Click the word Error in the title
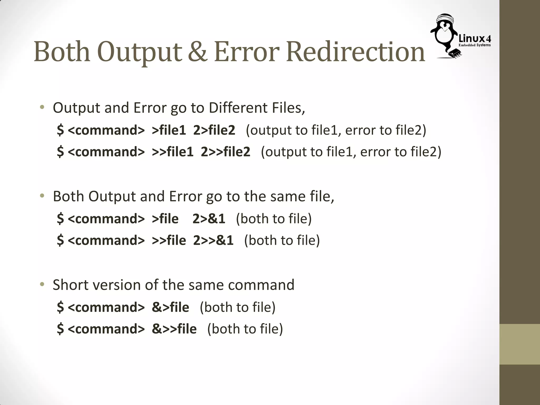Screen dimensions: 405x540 (x=247, y=52)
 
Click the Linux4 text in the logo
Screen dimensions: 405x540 (x=475, y=39)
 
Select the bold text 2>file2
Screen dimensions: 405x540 (x=214, y=130)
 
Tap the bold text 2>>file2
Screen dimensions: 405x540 (x=225, y=152)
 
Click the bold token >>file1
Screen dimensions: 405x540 (x=172, y=152)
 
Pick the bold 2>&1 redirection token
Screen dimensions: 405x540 (x=209, y=219)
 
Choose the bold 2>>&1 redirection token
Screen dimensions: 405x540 (x=213, y=240)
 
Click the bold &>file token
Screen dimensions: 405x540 (x=170, y=307)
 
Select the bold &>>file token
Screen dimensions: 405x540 (x=174, y=329)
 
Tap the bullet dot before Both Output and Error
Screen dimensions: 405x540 (x=42, y=196)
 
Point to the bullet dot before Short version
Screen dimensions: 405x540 (x=42, y=285)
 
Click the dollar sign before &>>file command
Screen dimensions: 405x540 (x=60, y=329)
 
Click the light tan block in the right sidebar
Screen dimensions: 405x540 (x=520, y=344)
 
